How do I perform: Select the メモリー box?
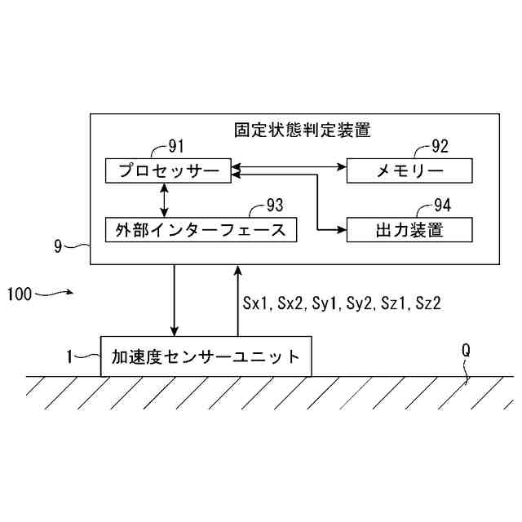(409, 170)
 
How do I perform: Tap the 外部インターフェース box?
(200, 229)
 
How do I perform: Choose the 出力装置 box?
(409, 229)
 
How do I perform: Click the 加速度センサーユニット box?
(206, 356)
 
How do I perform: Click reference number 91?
(176, 147)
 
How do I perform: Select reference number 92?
(440, 147)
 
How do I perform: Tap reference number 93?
(278, 206)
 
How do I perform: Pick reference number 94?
(441, 206)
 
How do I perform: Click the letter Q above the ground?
(466, 350)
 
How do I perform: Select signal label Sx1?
(255, 303)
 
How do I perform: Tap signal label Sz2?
(428, 303)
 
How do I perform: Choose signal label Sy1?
(325, 303)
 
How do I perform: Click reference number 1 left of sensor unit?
(70, 356)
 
